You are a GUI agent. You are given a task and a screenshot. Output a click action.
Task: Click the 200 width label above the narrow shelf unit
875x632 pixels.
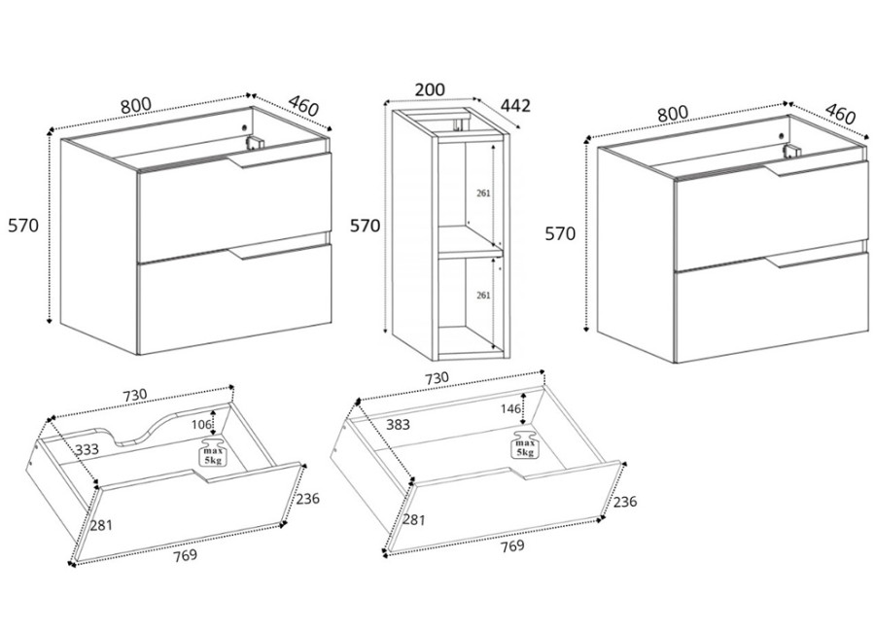pyautogui.click(x=429, y=89)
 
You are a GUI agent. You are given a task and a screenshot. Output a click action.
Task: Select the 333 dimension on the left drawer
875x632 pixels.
pyautogui.click(x=87, y=449)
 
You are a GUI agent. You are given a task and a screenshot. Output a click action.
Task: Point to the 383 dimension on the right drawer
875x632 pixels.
pyautogui.click(x=371, y=425)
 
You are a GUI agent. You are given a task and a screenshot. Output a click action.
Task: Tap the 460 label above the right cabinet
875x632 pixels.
pyautogui.click(x=840, y=114)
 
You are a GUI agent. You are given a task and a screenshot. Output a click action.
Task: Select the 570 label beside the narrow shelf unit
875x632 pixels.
pyautogui.click(x=365, y=226)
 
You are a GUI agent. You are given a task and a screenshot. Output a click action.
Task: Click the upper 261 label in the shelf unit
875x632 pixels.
pyautogui.click(x=483, y=193)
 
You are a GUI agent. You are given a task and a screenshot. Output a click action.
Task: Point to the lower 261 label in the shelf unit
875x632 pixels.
pyautogui.click(x=483, y=295)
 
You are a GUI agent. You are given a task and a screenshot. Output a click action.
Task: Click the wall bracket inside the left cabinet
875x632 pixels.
pyautogui.click(x=256, y=142)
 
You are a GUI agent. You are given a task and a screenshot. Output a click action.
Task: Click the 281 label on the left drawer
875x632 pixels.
pyautogui.click(x=102, y=525)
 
